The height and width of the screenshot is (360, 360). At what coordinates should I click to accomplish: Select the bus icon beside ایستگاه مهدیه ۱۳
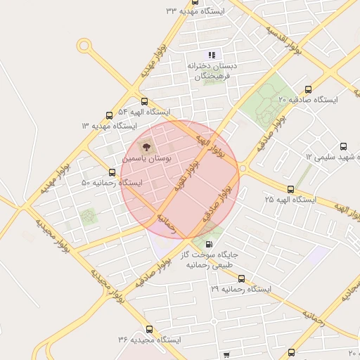[x=109, y=115]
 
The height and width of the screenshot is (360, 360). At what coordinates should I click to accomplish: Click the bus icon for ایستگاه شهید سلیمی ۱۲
[x=344, y=147]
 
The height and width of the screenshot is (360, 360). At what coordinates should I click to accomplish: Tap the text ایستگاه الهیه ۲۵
[x=290, y=200]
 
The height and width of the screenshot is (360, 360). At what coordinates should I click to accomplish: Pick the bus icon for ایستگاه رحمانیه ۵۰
[x=112, y=172]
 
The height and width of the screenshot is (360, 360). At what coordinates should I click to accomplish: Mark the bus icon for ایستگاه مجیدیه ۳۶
[x=148, y=329]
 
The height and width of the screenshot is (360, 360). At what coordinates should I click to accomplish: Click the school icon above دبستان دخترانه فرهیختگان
[x=211, y=55]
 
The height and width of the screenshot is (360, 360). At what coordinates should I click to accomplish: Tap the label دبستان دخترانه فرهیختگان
[x=212, y=70]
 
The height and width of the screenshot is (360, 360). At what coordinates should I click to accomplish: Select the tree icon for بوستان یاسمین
[x=147, y=148]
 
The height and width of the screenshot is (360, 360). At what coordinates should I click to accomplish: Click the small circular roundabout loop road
[x=84, y=47]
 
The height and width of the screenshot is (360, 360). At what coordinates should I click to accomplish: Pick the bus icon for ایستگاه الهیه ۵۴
[x=144, y=102]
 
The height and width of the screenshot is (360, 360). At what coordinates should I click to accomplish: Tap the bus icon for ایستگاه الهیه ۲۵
[x=290, y=189]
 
